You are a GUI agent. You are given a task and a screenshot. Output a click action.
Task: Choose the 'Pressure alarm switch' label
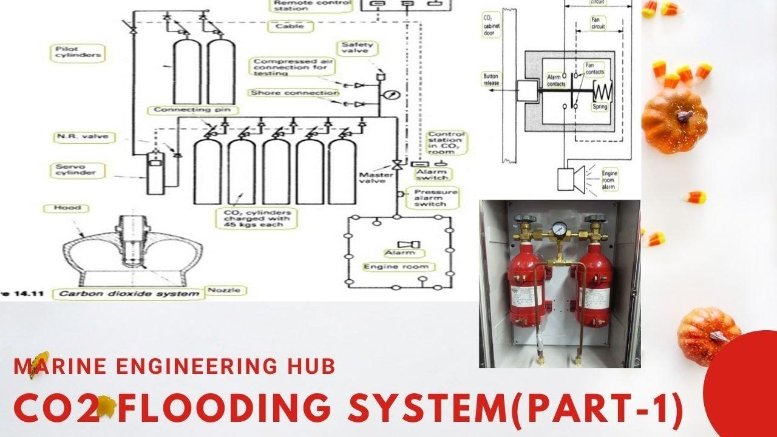430,198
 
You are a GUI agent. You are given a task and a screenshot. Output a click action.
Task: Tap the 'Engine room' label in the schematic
396,266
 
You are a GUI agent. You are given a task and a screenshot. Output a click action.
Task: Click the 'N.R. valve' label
73,137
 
